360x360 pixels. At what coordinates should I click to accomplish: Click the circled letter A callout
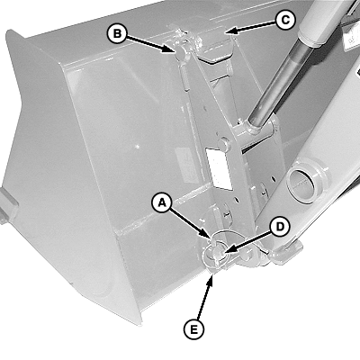(x=162, y=203)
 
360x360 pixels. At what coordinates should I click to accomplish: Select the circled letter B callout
(x=117, y=33)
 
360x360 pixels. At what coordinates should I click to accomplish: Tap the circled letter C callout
(x=285, y=20)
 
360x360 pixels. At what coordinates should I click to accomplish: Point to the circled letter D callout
(x=279, y=227)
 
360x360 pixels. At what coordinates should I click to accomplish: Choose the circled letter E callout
(x=193, y=330)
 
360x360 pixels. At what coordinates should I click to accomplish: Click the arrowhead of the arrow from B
(x=170, y=49)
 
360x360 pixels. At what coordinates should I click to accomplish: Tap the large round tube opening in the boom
(x=301, y=182)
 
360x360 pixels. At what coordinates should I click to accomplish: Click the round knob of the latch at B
(x=182, y=50)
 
